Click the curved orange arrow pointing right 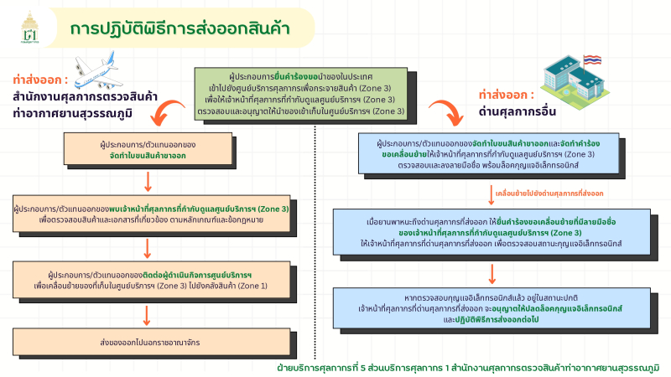[x=443, y=114]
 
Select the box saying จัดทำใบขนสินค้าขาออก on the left [x=148, y=150]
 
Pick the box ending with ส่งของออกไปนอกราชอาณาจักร [x=148, y=342]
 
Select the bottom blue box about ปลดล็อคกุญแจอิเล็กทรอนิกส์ [x=493, y=308]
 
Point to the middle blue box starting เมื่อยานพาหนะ [x=493, y=231]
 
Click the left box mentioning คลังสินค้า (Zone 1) [x=148, y=279]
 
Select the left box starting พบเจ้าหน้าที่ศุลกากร [x=148, y=214]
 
